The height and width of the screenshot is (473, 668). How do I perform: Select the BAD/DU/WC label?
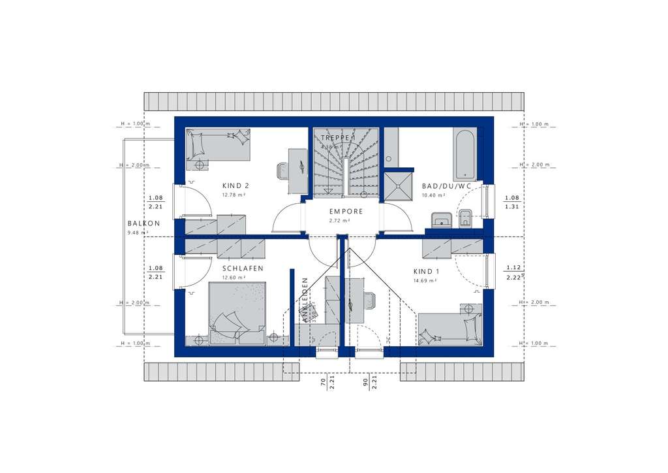446,186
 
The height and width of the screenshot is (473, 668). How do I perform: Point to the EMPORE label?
345,212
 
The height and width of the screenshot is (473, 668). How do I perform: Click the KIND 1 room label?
426,271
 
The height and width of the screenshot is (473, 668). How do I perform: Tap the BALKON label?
144,223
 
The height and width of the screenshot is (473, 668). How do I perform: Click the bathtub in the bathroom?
464,154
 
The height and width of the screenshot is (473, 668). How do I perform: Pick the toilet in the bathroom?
465,218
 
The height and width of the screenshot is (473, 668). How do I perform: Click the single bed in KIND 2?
217,144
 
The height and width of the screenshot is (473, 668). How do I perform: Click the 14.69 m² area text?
425,280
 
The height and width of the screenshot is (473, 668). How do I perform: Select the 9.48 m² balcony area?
138,233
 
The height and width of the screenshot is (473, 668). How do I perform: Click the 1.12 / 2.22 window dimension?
513,272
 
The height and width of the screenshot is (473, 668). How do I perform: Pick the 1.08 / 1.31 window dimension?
512,203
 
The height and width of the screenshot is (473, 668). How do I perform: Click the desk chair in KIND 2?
282,171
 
